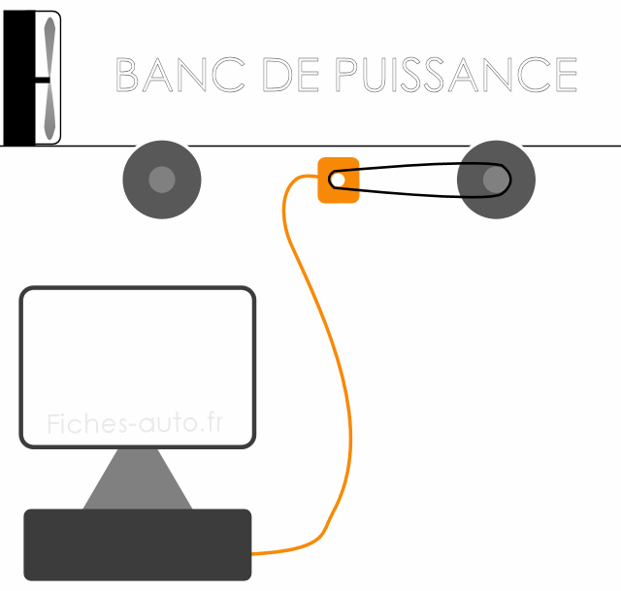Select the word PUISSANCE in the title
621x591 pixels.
click(x=455, y=75)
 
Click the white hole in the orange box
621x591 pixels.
click(x=338, y=180)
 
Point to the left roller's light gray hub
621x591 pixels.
click(x=162, y=180)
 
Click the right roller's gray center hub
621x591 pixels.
click(x=496, y=180)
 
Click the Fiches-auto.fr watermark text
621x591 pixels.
click(x=135, y=423)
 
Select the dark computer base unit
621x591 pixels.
click(x=137, y=544)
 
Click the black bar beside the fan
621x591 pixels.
click(x=18, y=78)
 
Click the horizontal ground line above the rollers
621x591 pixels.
click(x=291, y=146)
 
